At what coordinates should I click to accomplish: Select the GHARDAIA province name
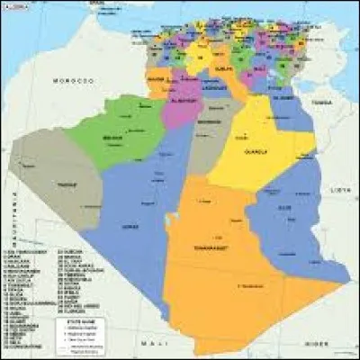(x=211, y=121)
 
